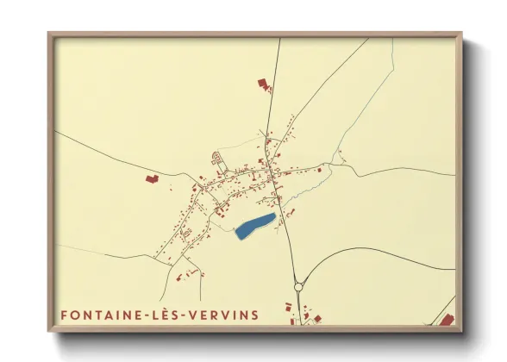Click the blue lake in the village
point(255,226)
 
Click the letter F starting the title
point(64,315)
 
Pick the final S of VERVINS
point(254,315)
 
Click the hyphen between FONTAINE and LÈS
point(147,315)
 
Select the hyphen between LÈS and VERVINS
point(185,315)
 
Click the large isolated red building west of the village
point(151,178)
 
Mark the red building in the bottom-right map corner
point(447,320)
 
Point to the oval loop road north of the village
point(216,161)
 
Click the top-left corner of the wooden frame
point(50,34)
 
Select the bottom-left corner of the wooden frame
point(50,330)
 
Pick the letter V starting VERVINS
point(196,315)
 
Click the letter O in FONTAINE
point(74,315)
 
